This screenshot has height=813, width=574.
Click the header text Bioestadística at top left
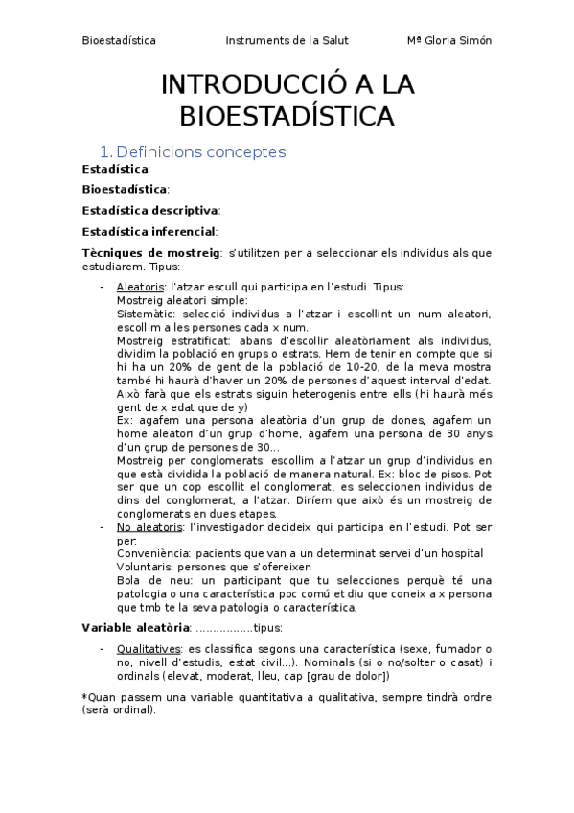point(119,41)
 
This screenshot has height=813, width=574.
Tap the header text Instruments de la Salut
point(287,41)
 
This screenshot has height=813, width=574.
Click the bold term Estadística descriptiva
point(150,210)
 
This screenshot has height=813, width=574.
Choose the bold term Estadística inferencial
point(149,231)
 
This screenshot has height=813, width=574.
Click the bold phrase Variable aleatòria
point(136,627)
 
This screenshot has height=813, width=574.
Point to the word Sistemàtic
point(146,313)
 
